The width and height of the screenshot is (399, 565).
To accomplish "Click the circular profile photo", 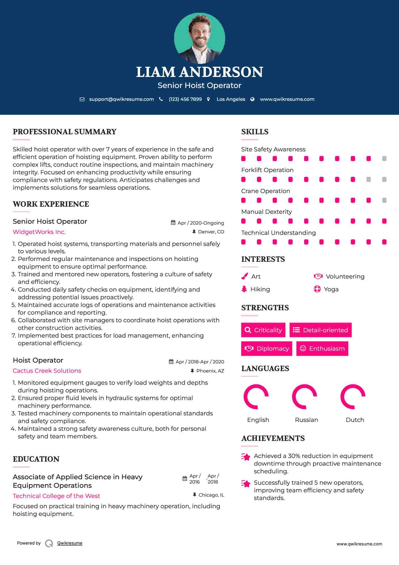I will coord(199,38).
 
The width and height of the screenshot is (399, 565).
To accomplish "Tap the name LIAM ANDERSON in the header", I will coord(199,72).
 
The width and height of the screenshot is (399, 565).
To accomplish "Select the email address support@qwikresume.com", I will coord(121,99).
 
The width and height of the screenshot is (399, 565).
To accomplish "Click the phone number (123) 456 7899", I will coord(185,99).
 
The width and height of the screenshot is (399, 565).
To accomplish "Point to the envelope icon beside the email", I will coord(82,99).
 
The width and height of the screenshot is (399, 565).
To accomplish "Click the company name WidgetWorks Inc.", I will coord(39,232).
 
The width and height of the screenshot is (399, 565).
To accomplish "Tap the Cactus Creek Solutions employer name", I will coord(47,371).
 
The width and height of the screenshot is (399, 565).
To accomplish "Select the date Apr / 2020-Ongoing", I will coord(200,223).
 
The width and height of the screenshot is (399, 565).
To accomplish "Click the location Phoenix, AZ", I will coord(210,371).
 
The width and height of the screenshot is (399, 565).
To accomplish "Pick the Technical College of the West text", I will coord(56,496).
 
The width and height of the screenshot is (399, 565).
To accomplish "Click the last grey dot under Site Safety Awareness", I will coord(384,159).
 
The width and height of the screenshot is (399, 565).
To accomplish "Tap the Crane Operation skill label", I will coord(265,191).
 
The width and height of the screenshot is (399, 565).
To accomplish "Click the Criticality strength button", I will coord(263,330).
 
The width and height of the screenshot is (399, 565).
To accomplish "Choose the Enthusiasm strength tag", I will coord(322,348).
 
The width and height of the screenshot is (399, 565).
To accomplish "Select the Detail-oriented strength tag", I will coord(320,330).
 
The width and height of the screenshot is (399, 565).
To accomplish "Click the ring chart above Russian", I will coord(305,397).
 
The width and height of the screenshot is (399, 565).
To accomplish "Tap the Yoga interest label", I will coord(331,289).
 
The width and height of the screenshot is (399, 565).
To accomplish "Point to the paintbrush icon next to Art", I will coord(244,276).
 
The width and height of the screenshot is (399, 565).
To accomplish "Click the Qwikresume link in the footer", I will coord(70,543).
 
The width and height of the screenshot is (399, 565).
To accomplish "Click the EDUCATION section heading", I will coord(36,459).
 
